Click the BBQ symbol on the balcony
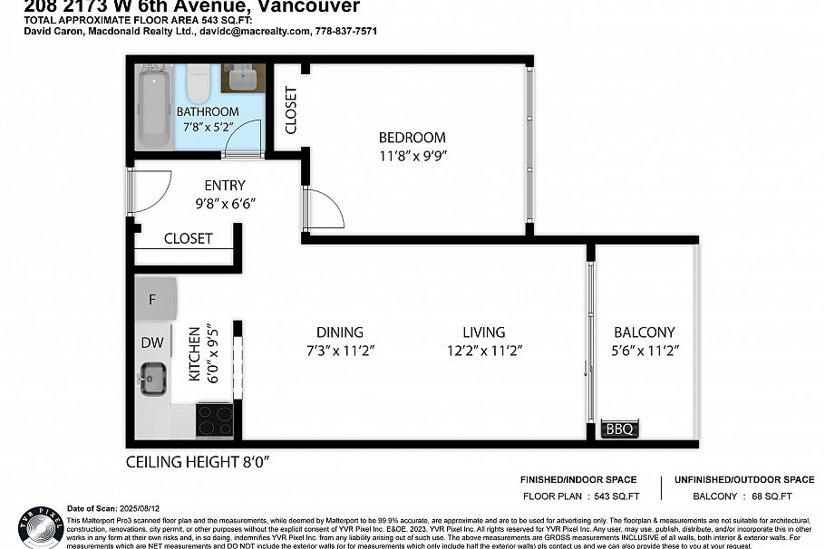620,429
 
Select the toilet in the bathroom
198,84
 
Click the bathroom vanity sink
242,80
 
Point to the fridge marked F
152,299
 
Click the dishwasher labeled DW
151,342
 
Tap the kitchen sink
152,378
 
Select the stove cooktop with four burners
215,420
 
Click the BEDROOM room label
412,138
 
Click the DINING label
340,332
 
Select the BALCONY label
644,332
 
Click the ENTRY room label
225,186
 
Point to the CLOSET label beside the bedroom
291,110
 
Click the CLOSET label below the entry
188,239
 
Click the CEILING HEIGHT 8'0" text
198,462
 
